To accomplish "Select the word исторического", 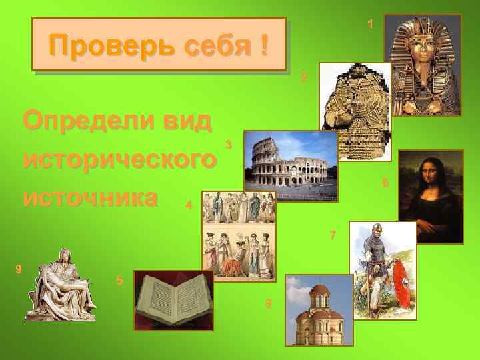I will tap(120, 160).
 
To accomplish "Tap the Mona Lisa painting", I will tap(431, 185).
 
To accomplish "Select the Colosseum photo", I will tap(291, 160).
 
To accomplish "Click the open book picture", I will tap(173, 300).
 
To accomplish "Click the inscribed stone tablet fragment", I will tap(355, 110).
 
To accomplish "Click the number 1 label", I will tap(370, 25).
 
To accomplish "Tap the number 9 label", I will tap(19, 269).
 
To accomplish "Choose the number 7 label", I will tap(333, 235).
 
